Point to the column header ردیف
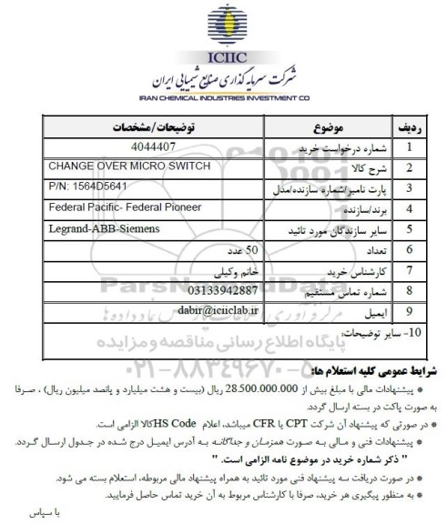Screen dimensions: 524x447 pyautogui.click(x=410, y=126)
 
